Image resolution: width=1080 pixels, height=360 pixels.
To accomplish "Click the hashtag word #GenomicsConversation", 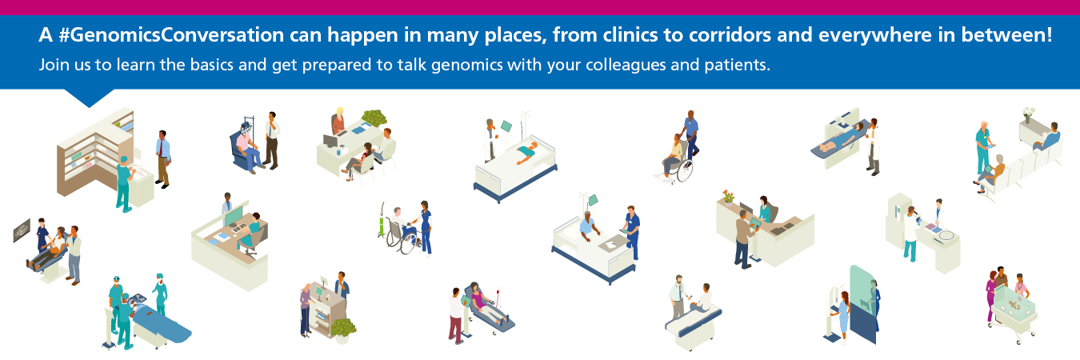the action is tap(171, 35).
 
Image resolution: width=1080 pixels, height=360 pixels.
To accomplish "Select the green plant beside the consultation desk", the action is tap(374, 118).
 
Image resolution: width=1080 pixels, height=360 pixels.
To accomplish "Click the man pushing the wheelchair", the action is tap(690, 135).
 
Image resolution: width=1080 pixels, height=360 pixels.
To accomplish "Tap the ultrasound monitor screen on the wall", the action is tap(22, 230).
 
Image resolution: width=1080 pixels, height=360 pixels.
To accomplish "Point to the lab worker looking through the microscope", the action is tap(910, 234).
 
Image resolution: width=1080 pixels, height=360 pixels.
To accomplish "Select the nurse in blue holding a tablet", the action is tap(632, 232).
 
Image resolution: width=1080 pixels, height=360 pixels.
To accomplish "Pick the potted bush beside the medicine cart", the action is tap(343, 330).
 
